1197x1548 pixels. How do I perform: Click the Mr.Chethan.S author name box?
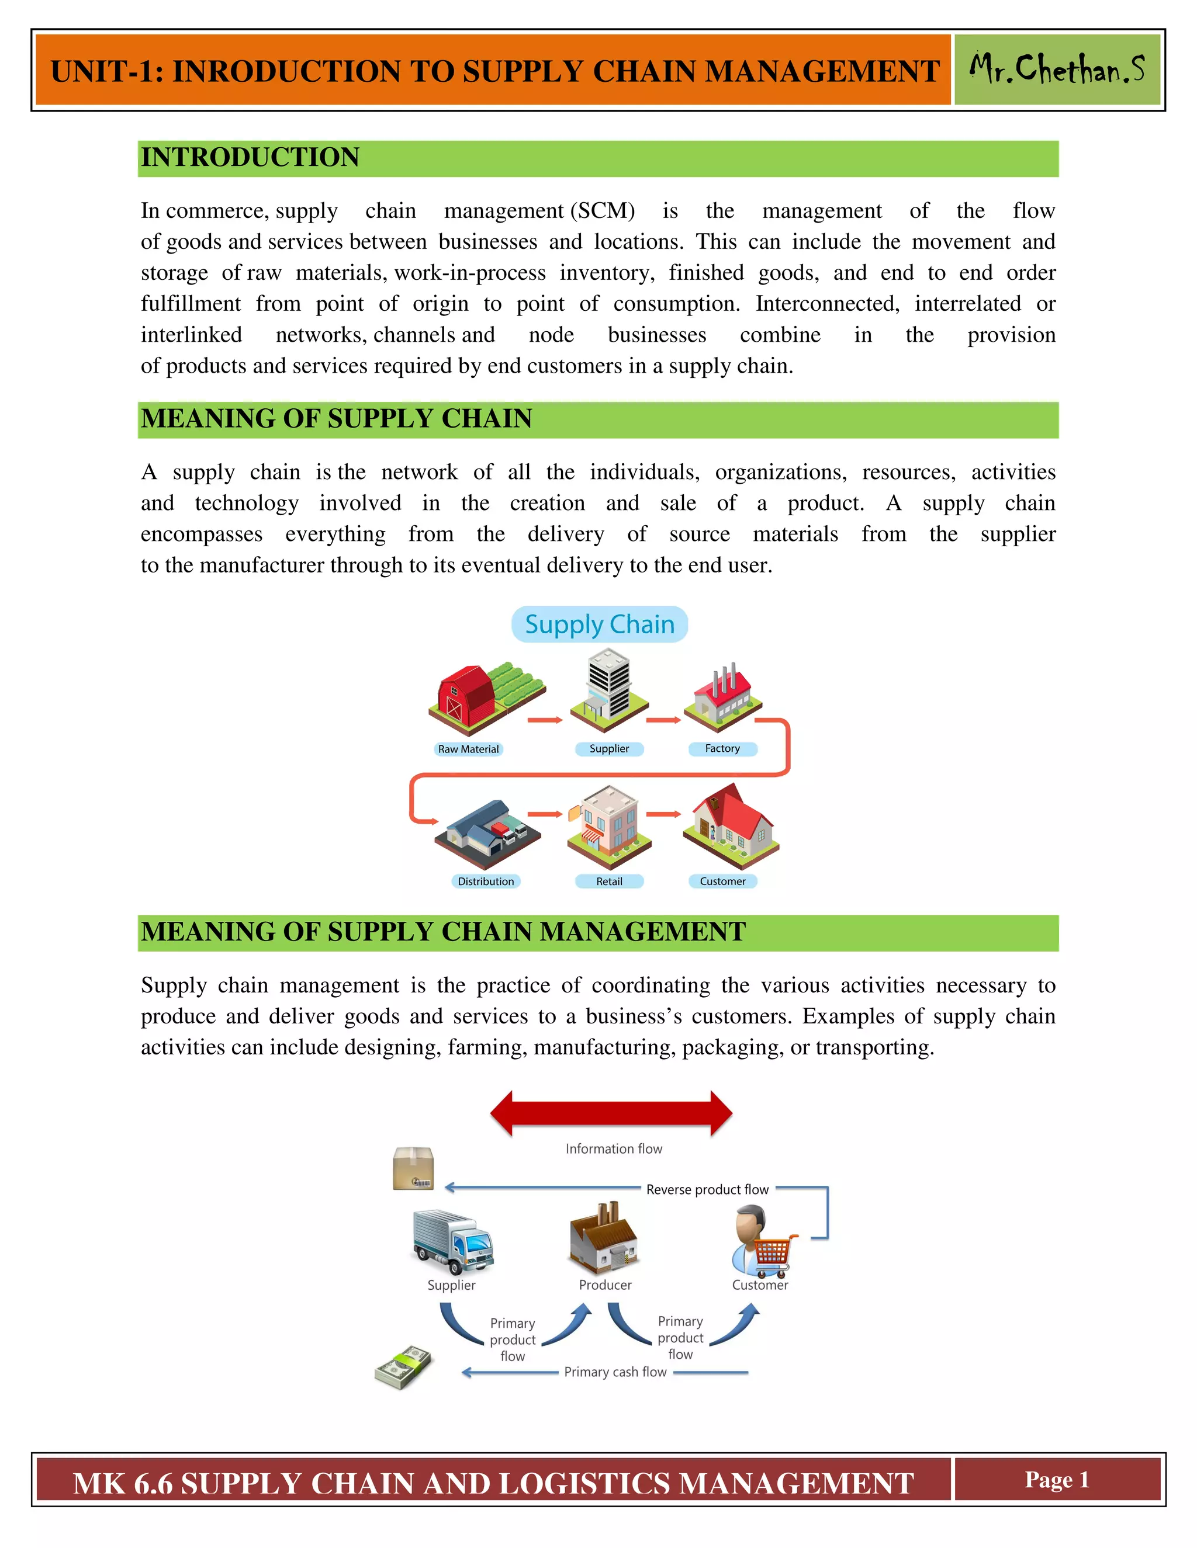(x=1057, y=70)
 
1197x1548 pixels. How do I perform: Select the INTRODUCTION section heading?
(x=250, y=157)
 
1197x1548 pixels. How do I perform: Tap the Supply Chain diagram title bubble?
(x=599, y=624)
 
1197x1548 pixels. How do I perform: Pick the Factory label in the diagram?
(x=722, y=748)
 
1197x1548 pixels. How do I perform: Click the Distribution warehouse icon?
(x=488, y=834)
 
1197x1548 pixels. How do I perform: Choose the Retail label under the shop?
(x=609, y=881)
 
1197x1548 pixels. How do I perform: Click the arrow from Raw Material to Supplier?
(x=545, y=720)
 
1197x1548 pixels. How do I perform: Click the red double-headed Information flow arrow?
(x=611, y=1113)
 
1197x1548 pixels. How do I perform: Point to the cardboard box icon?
(x=413, y=1168)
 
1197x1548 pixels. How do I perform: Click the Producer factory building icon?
(x=603, y=1238)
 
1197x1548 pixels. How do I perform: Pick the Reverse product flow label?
(x=707, y=1189)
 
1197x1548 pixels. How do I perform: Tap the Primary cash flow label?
(x=615, y=1372)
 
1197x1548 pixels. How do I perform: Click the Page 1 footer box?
(x=1057, y=1480)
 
